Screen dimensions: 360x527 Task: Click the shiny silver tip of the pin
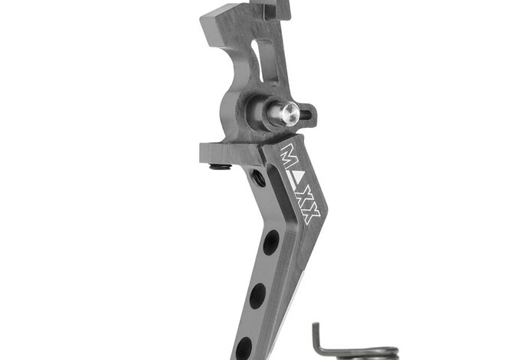tap(286, 113)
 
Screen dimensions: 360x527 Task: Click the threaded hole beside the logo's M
tap(259, 178)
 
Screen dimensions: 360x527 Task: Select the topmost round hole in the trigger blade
tap(270, 244)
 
